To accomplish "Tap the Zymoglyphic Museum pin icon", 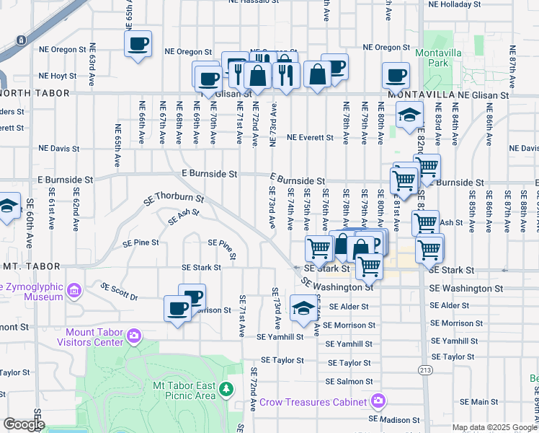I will pyautogui.click(x=73, y=291).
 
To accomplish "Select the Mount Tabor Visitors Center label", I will pyautogui.click(x=94, y=337).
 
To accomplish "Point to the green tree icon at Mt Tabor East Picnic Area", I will pyautogui.click(x=227, y=390).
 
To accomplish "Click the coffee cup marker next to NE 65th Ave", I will pyautogui.click(x=138, y=43).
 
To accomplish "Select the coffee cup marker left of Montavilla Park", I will pyautogui.click(x=396, y=74).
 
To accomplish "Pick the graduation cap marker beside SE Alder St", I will pyautogui.click(x=303, y=307).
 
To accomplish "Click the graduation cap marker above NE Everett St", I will pyautogui.click(x=409, y=114).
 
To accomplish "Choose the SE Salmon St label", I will pyautogui.click(x=348, y=381).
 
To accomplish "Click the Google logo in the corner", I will pyautogui.click(x=23, y=424).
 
